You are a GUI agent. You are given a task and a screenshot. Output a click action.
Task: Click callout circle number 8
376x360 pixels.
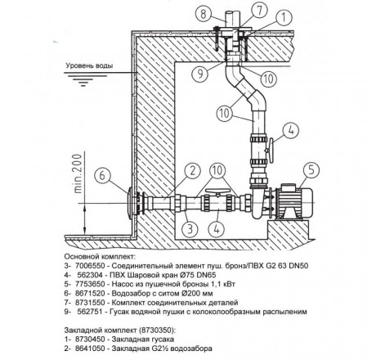[x=204, y=14]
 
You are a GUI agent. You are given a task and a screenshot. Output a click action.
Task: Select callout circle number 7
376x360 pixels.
[x=259, y=10]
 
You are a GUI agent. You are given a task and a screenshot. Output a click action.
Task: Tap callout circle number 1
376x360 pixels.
[x=284, y=17]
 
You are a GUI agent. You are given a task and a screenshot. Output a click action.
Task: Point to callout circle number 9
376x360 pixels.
[x=200, y=73]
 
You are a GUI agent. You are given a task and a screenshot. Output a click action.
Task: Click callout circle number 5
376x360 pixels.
[x=311, y=169]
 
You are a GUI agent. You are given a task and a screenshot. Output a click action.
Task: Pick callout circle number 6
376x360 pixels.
[x=102, y=175]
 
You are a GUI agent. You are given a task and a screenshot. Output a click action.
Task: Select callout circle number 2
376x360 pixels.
[x=193, y=171]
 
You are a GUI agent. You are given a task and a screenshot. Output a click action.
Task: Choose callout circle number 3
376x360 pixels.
[x=190, y=228]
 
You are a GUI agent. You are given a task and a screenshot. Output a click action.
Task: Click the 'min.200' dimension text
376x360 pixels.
[x=78, y=173]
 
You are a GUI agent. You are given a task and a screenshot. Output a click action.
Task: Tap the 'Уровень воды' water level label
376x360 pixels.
[x=89, y=65]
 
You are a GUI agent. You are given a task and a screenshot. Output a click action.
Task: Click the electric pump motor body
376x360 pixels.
[x=296, y=200]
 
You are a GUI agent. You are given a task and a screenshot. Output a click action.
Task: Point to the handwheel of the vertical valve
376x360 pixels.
[x=271, y=150]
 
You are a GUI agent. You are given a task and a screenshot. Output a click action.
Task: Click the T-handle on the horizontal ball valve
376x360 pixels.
[x=217, y=191]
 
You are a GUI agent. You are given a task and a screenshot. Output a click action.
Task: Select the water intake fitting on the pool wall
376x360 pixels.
[x=133, y=202]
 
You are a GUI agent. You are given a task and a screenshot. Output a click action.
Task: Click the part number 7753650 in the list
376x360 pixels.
[x=90, y=284]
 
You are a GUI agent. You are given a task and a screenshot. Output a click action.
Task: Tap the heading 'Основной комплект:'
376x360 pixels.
[x=100, y=257]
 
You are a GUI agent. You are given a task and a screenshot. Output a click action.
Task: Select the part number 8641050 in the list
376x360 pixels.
[x=90, y=349]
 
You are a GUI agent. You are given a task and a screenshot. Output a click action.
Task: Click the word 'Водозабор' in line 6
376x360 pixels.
[x=130, y=294]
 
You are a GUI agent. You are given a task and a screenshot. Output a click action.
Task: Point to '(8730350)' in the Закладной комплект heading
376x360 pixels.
[x=157, y=330]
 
